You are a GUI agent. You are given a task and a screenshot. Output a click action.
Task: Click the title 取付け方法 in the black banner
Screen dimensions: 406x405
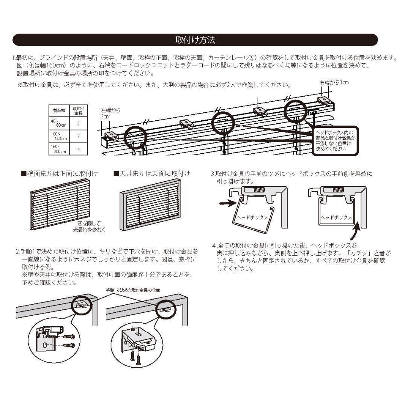coord(195,40)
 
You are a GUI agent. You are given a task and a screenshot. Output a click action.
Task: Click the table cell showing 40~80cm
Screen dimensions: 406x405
coord(59,123)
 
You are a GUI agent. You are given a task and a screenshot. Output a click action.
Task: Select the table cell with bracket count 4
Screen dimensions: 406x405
coord(78,149)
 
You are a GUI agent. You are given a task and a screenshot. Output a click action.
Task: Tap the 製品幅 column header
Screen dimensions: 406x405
coord(59,111)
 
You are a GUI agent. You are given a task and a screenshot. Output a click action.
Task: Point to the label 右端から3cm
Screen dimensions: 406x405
coord(334,82)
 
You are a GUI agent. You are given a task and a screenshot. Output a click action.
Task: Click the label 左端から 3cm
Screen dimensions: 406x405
coord(111,114)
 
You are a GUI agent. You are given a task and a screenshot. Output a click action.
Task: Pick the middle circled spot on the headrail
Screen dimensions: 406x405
coord(223,123)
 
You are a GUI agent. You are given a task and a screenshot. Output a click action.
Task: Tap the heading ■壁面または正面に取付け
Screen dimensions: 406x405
coord(59,174)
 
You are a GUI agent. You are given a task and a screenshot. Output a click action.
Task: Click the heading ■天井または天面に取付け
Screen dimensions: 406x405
coord(152,174)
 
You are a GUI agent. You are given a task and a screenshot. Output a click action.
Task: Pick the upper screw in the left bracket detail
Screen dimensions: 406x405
coord(70,336)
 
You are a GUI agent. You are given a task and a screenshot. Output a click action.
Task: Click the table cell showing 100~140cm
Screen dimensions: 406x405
coord(59,136)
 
